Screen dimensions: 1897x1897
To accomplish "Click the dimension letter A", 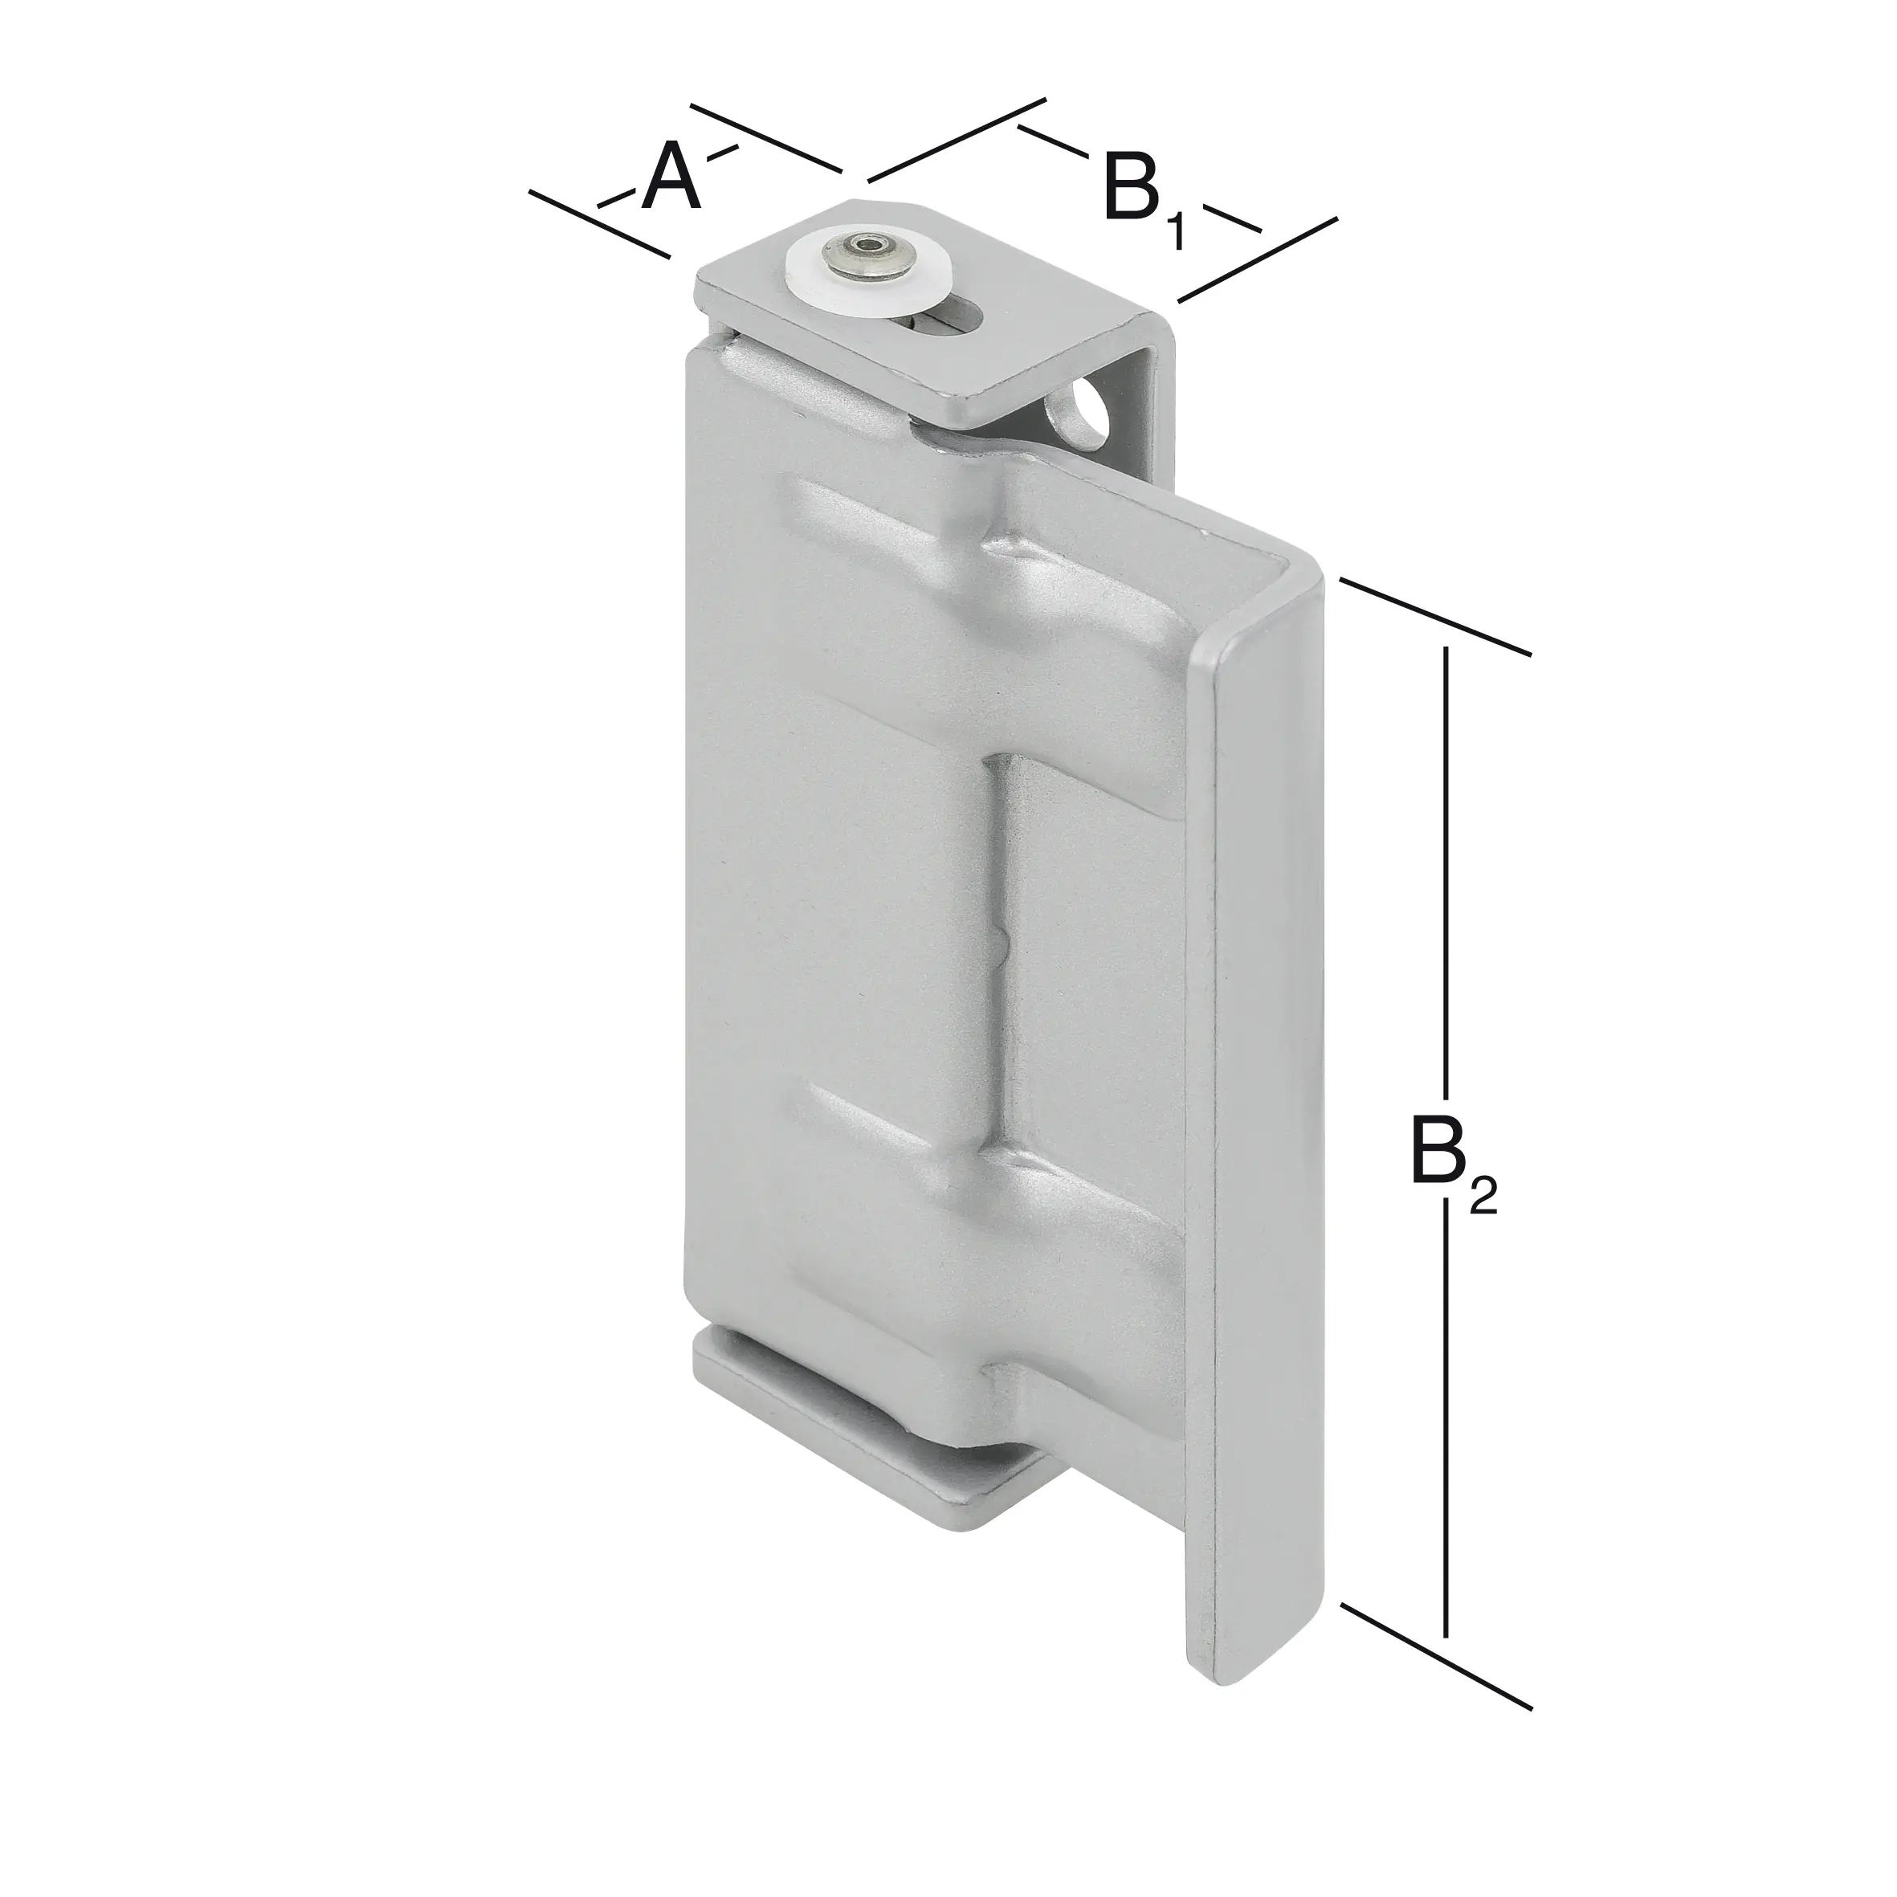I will coord(671,177).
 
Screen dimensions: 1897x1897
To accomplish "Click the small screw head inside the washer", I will coord(865,252).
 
